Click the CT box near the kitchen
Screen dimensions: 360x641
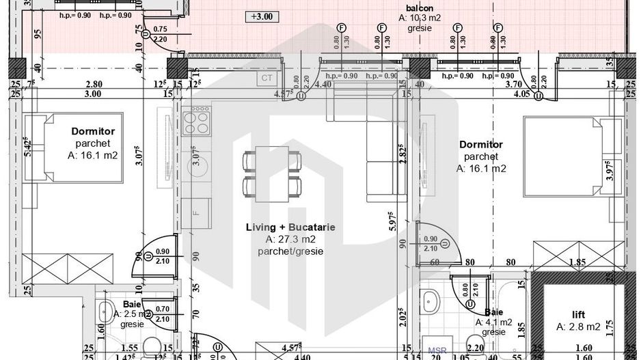266,78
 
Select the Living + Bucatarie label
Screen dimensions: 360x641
291,227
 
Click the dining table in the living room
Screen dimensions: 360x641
272,174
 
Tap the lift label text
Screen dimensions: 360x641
580,315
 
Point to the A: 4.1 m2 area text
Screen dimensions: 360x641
493,322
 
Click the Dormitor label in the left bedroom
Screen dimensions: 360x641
93,130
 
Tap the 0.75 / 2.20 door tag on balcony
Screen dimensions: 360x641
160,34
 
